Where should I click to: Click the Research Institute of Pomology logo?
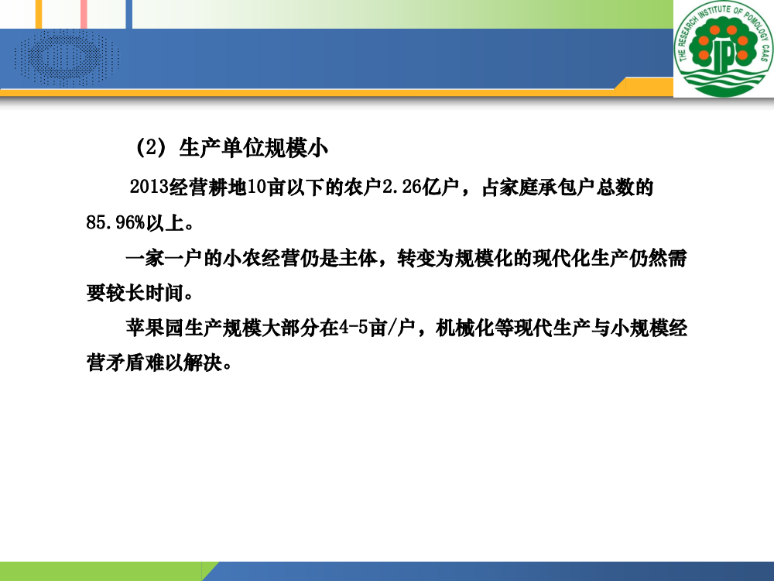pos(724,48)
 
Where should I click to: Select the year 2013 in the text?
pos(149,187)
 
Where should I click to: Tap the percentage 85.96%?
pos(115,223)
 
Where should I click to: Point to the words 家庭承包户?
pos(538,187)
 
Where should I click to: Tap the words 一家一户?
pos(164,258)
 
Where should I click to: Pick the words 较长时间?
pos(145,293)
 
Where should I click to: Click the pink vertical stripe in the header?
pos(84,14)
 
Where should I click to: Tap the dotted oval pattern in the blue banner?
pos(67,58)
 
